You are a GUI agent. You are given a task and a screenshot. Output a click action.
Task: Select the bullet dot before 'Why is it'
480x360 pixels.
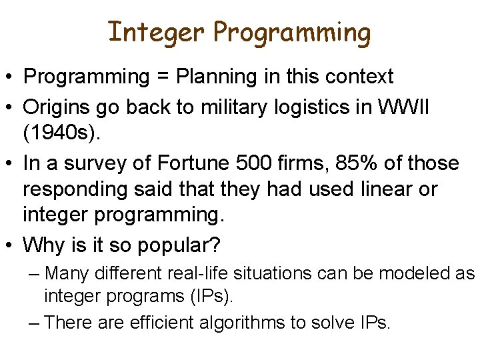pos(11,245)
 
